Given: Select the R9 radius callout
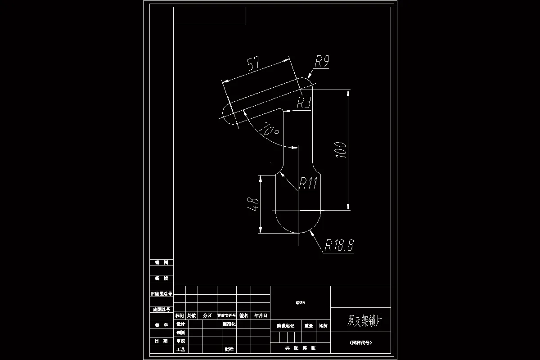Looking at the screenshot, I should coord(321,61).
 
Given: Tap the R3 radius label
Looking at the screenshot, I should coord(304,103).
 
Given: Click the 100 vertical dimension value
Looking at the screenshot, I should coord(341,150).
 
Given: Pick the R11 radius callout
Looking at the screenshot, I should coord(308,183).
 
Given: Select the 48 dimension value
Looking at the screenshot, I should coord(253,204).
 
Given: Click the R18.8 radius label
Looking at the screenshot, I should coord(339,245).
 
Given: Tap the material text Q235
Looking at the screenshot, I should coord(300,303).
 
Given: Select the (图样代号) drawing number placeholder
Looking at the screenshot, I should coord(361,342).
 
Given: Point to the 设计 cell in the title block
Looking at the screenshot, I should coord(181,324).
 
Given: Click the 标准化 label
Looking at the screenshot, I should coord(229,324).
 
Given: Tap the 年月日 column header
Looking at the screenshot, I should coord(261,316).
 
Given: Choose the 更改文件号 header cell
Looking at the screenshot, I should coord(226,316).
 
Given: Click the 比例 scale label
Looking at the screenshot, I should coord(323,326).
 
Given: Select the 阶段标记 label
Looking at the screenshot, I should coord(285,326).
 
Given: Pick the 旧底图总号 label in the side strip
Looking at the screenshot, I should coord(161,294).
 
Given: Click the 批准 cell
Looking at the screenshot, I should coord(229,349).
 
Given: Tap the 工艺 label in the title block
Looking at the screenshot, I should coord(181,349).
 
